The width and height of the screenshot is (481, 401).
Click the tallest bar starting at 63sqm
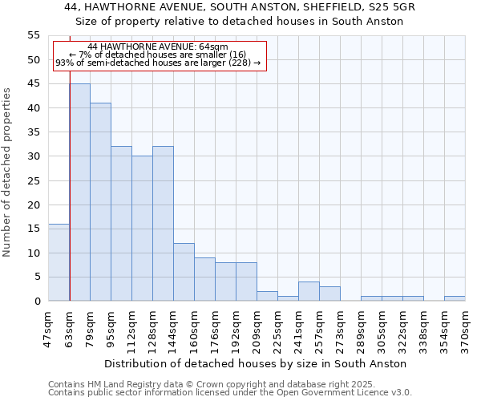click(x=79, y=192)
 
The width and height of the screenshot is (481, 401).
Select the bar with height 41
click(x=100, y=202)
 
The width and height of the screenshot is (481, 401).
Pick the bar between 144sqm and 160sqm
click(x=184, y=272)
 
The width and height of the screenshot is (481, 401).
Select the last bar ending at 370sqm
click(x=455, y=298)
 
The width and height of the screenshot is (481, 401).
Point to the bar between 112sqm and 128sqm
click(x=142, y=229)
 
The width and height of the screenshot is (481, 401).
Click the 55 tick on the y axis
click(x=34, y=35)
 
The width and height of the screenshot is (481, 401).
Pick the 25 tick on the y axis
click(x=34, y=180)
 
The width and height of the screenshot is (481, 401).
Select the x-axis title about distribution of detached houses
click(x=256, y=363)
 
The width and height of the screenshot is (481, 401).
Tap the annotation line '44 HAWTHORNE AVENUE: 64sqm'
click(x=158, y=47)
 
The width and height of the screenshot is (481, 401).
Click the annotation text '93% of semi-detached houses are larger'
click(x=158, y=63)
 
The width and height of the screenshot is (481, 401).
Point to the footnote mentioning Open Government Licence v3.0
click(x=230, y=392)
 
